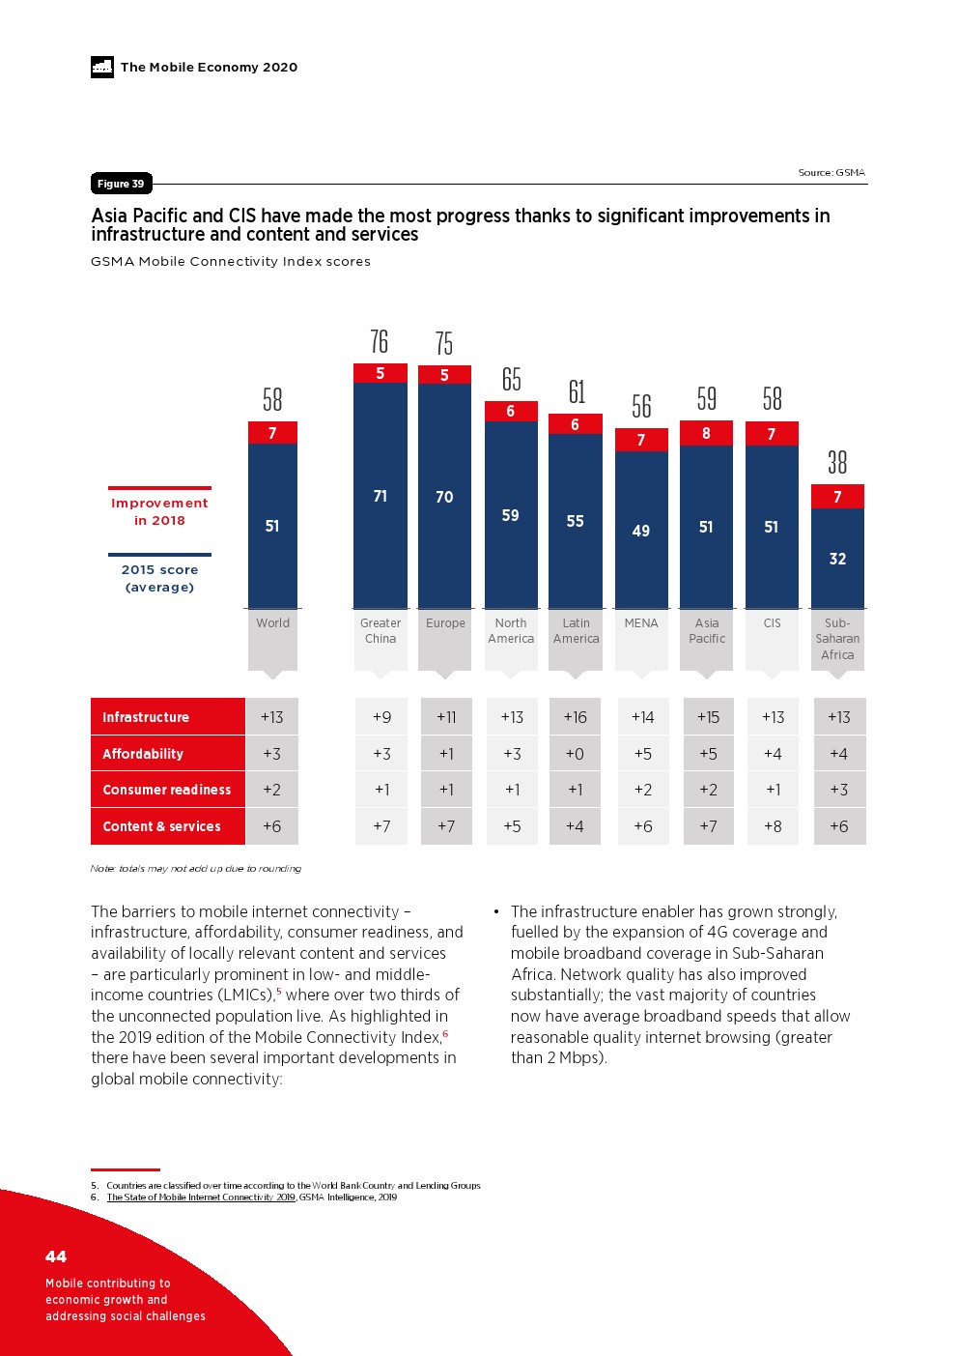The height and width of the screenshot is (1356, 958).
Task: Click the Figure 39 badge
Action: coord(121,184)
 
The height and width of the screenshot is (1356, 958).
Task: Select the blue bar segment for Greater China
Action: coord(380,495)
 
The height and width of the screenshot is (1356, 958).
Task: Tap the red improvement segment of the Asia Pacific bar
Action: coord(706,433)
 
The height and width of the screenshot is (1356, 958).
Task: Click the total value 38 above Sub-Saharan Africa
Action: coord(837,463)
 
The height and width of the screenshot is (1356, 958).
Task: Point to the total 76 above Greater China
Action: coord(380,341)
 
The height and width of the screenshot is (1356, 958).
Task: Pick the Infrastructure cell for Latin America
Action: coord(576,717)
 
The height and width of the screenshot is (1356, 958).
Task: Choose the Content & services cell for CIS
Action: coord(773,826)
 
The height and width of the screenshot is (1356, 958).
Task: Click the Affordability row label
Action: coord(143,754)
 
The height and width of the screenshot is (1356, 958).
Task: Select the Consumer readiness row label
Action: coord(167,790)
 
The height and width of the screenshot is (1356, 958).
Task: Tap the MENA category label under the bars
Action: coord(641,623)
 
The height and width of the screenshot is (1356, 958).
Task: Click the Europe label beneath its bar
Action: coord(445,623)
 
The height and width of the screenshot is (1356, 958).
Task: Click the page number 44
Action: coord(56,1256)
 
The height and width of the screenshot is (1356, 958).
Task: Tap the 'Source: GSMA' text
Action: coord(831,173)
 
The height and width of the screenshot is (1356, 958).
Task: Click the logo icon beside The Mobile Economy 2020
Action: coord(102,67)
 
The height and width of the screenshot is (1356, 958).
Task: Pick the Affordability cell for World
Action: coord(272,754)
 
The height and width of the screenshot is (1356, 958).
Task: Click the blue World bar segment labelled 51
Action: coord(272,526)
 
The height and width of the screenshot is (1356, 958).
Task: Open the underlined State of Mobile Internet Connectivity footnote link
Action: coord(201,1197)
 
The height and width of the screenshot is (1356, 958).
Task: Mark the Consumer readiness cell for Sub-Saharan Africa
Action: coord(838,790)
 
